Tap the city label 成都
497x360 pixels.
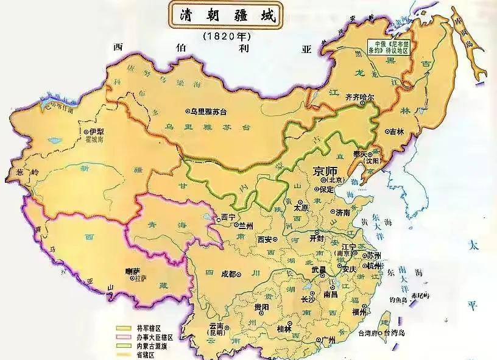228,274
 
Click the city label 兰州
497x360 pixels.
243,225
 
